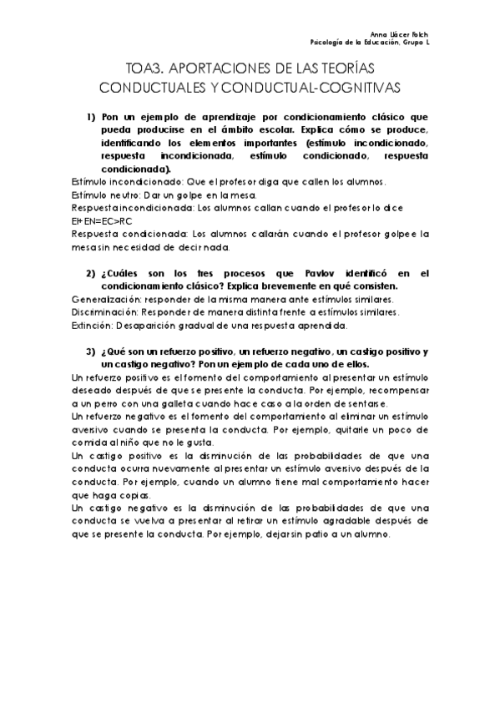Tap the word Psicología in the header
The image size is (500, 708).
coord(326,42)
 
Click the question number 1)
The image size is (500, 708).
coord(90,116)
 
